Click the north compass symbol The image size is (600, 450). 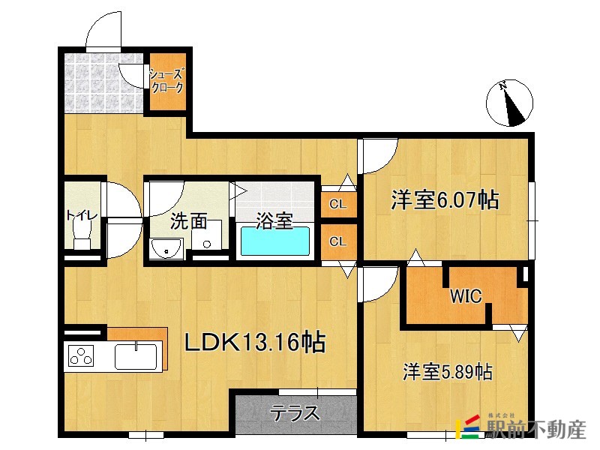[513, 103]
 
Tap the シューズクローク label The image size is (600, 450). [166, 81]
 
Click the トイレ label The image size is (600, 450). [82, 216]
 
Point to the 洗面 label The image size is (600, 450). [188, 221]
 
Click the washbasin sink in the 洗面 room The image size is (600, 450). [166, 248]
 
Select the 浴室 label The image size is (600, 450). [274, 221]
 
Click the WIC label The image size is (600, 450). [465, 295]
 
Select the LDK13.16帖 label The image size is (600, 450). [255, 343]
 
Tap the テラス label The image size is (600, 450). [295, 413]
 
